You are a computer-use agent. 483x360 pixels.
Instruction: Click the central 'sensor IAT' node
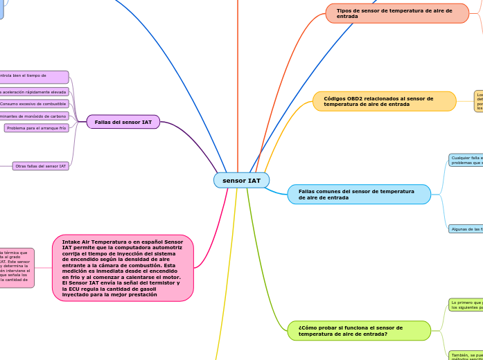pyautogui.click(x=241, y=181)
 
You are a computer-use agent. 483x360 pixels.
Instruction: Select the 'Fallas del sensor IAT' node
pyautogui.click(x=123, y=122)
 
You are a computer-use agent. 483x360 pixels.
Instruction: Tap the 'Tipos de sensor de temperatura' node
pyautogui.click(x=397, y=13)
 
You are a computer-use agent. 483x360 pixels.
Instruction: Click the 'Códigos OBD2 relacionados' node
pyautogui.click(x=385, y=101)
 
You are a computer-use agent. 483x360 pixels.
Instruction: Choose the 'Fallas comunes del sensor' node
pyautogui.click(x=359, y=195)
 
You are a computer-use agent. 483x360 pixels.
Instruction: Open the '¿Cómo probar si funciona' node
pyautogui.click(x=359, y=330)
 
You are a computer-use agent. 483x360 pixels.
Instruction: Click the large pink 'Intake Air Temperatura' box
pyautogui.click(x=123, y=268)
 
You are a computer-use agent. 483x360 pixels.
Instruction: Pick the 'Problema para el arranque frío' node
pyautogui.click(x=36, y=128)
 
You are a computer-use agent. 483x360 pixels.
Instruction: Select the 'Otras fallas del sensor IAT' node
pyautogui.click(x=41, y=166)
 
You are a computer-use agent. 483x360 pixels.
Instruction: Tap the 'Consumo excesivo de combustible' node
pyautogui.click(x=33, y=104)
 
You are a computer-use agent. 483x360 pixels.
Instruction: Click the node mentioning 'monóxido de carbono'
pyautogui.click(x=34, y=116)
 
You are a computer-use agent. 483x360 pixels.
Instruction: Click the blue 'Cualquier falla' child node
pyautogui.click(x=466, y=161)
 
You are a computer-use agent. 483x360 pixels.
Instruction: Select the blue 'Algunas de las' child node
pyautogui.click(x=466, y=228)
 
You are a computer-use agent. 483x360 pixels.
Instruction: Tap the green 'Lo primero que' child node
pyautogui.click(x=466, y=305)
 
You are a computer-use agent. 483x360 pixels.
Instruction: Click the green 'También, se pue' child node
pyautogui.click(x=466, y=356)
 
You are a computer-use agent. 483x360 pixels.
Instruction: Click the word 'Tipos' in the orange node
pyautogui.click(x=345, y=10)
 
